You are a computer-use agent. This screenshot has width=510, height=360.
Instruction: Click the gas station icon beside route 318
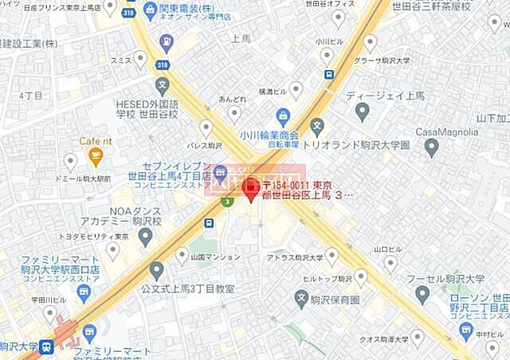click(x=166, y=41)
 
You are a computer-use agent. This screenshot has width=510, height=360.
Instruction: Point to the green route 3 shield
click(x=228, y=202)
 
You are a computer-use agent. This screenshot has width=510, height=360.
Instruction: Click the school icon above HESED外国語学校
click(x=163, y=84)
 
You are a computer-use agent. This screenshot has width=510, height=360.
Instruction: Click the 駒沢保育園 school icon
click(x=301, y=299)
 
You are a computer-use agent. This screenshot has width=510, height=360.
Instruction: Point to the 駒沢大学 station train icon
click(x=47, y=347)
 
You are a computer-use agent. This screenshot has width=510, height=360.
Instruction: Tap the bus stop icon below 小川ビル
click(x=328, y=75)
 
